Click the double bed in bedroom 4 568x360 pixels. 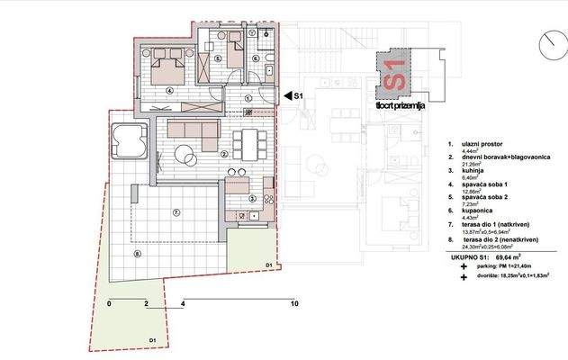pyautogui.click(x=167, y=65)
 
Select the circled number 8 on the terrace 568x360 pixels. pyautogui.click(x=138, y=254)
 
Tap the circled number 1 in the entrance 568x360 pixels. pyautogui.click(x=248, y=98)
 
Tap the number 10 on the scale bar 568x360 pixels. pyautogui.click(x=293, y=304)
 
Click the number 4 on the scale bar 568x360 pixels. pyautogui.click(x=184, y=304)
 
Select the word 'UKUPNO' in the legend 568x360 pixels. pyautogui.click(x=467, y=257)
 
